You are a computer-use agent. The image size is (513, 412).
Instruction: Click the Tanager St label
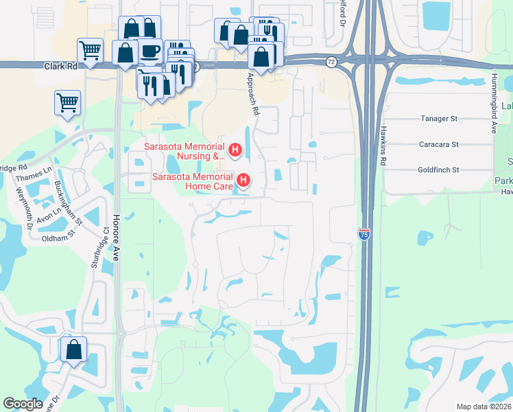pos(438,119)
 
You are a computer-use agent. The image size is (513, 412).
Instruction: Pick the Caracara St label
pos(438,145)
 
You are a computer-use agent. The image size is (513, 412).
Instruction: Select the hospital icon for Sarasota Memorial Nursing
pos(235,149)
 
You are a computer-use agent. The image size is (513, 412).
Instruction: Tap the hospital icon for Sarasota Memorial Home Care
pos(243,181)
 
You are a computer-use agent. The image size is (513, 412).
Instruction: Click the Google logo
pos(23,404)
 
